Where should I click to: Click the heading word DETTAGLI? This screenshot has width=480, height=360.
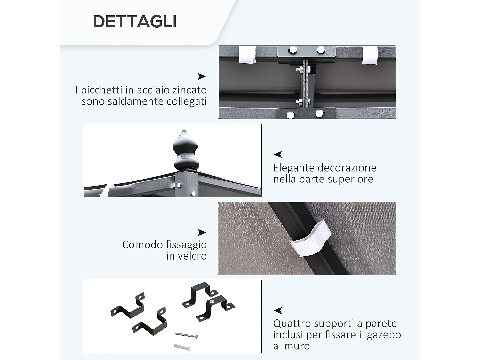(134, 22)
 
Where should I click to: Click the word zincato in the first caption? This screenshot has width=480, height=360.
(189, 90)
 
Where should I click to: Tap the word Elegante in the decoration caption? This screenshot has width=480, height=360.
(294, 168)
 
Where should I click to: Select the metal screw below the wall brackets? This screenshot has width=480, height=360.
(187, 335)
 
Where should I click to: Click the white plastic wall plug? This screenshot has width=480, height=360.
(182, 347)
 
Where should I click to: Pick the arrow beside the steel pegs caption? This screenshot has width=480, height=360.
(202, 76)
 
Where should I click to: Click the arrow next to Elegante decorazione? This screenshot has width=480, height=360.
(278, 155)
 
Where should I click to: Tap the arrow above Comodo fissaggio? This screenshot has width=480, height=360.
(202, 232)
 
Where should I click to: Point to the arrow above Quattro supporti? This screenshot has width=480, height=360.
(278, 310)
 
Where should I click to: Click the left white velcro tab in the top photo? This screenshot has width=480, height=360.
(247, 55)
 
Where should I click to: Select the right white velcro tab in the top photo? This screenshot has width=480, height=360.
(370, 55)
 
